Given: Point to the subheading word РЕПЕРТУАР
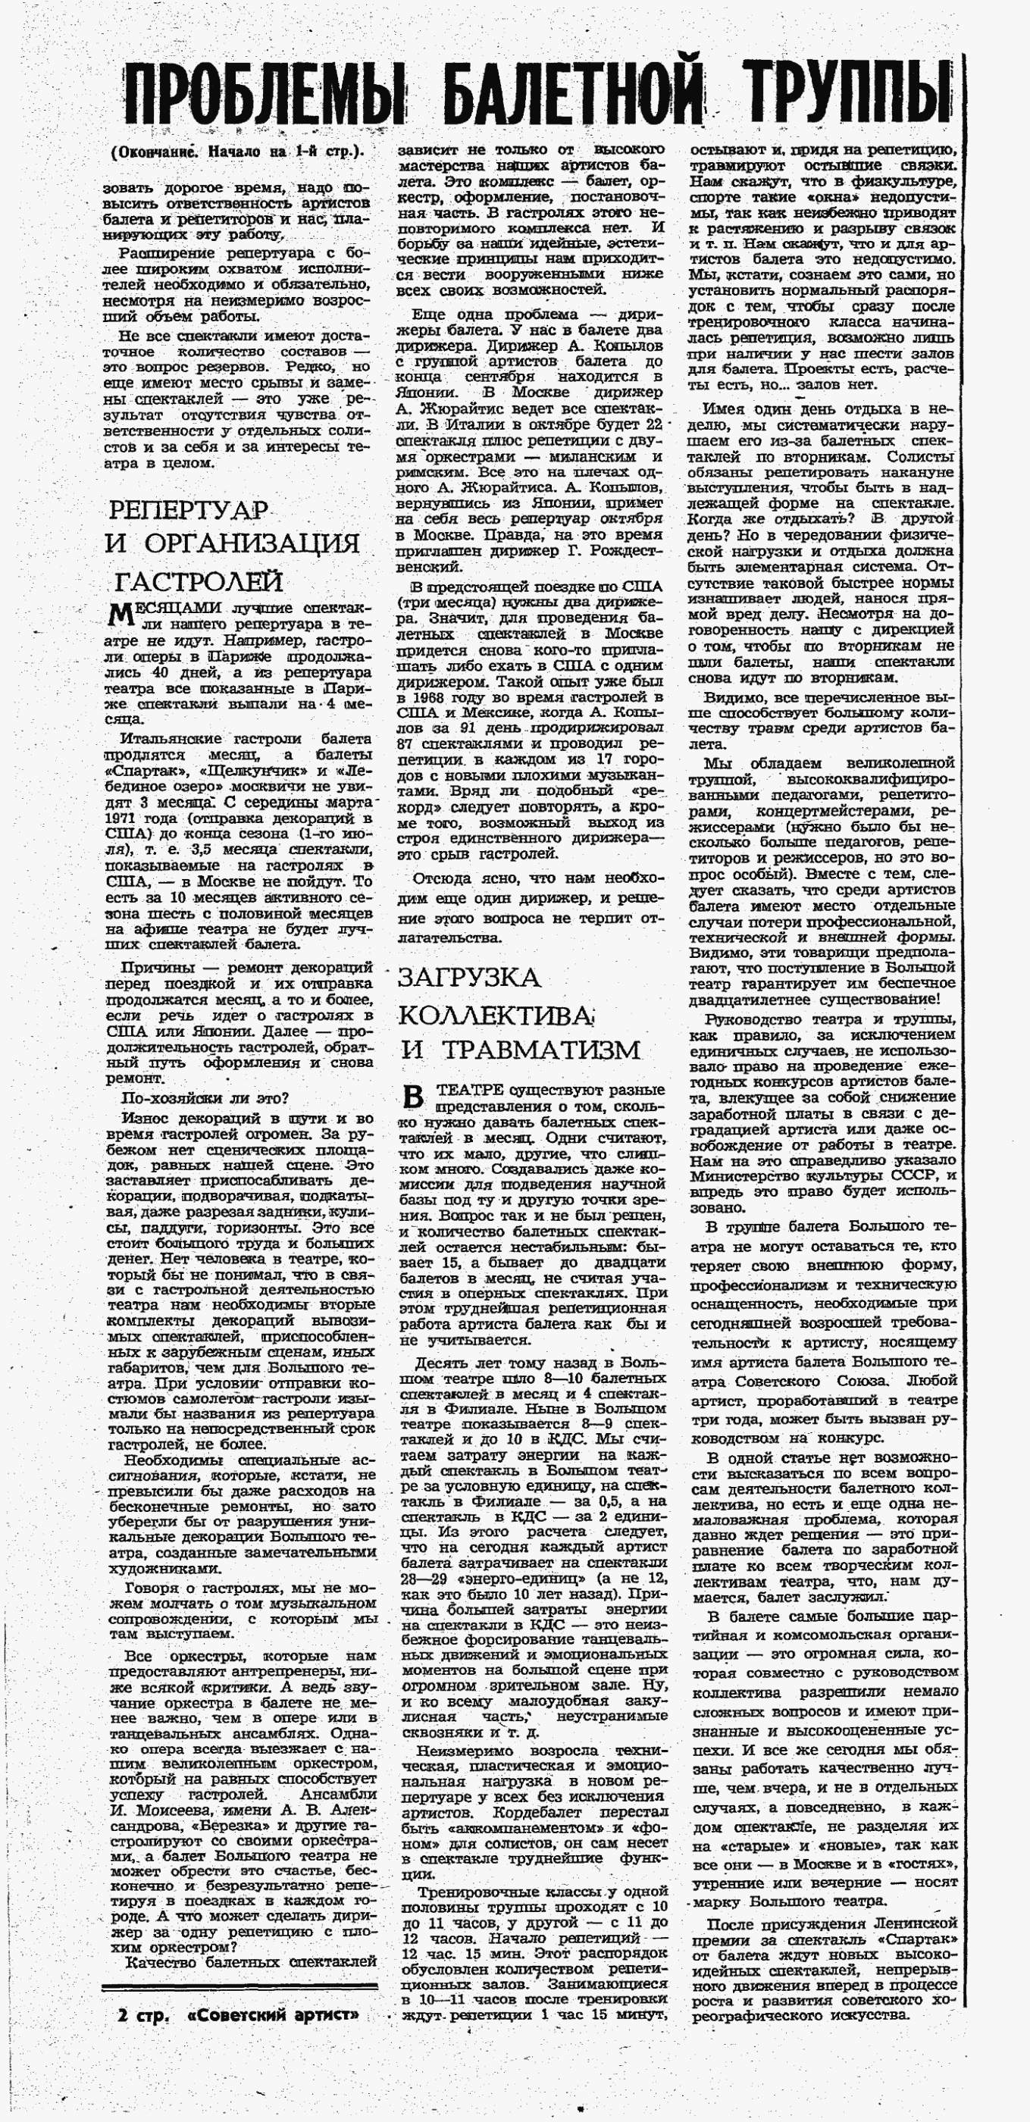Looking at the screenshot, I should tap(188, 510).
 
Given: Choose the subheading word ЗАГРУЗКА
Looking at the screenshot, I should tap(469, 978).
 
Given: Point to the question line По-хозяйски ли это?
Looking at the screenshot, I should tap(205, 1098).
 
